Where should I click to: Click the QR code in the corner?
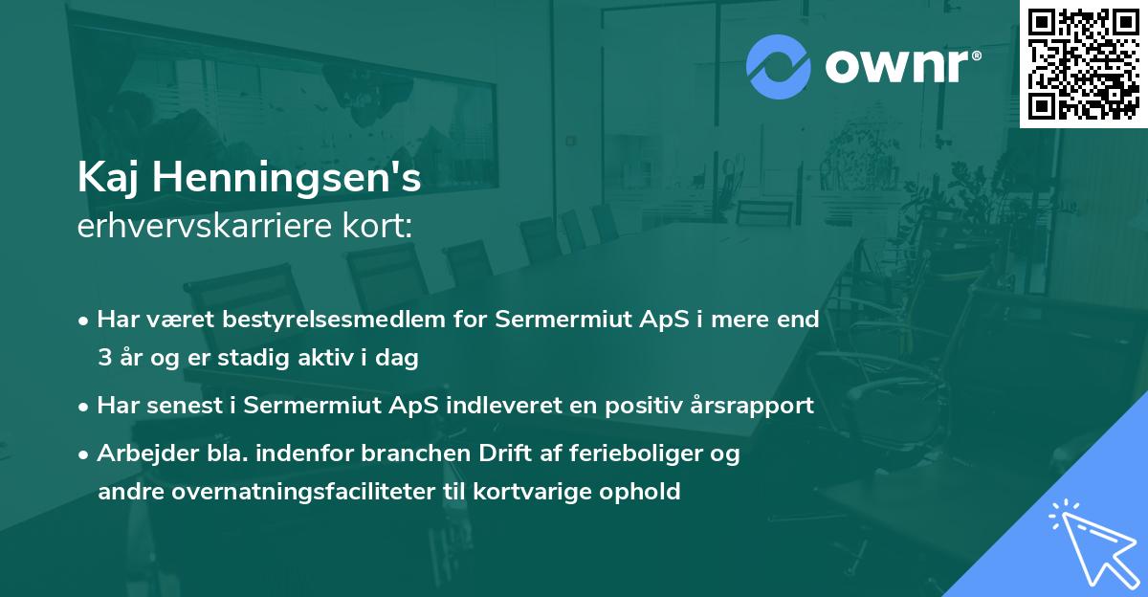click(x=1083, y=64)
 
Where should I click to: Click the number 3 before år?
click(x=103, y=359)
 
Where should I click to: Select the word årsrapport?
click(x=761, y=405)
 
